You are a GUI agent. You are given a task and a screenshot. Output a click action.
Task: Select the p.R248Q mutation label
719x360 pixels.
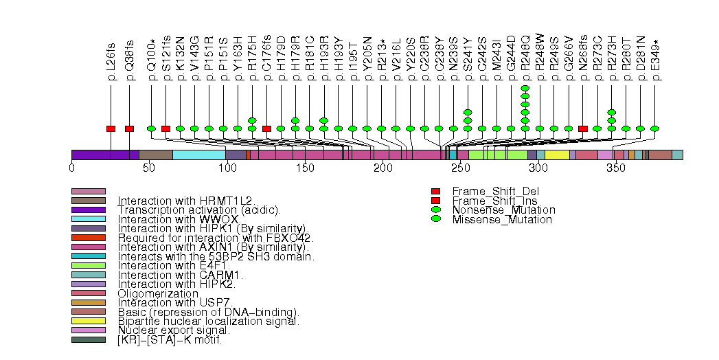click(525, 63)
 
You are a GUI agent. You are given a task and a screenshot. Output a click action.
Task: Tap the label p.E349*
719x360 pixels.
click(655, 63)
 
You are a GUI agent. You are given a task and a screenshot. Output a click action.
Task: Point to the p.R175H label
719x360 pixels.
click(252, 63)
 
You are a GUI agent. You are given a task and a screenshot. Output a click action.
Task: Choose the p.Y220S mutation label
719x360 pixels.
click(410, 63)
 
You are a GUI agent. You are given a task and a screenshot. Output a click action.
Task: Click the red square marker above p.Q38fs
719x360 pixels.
click(129, 128)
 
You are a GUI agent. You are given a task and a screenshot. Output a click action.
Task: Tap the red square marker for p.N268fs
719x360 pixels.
click(583, 128)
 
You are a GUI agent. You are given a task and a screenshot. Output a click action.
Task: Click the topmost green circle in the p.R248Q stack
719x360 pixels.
click(525, 88)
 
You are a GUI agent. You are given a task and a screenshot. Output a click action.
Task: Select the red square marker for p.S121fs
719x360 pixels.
click(166, 128)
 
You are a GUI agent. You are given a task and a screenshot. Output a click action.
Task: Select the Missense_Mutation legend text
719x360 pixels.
click(502, 219)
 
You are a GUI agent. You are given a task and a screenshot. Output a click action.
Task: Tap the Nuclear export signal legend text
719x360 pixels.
click(173, 330)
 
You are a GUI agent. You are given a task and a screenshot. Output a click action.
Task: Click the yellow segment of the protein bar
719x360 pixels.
click(557, 155)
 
